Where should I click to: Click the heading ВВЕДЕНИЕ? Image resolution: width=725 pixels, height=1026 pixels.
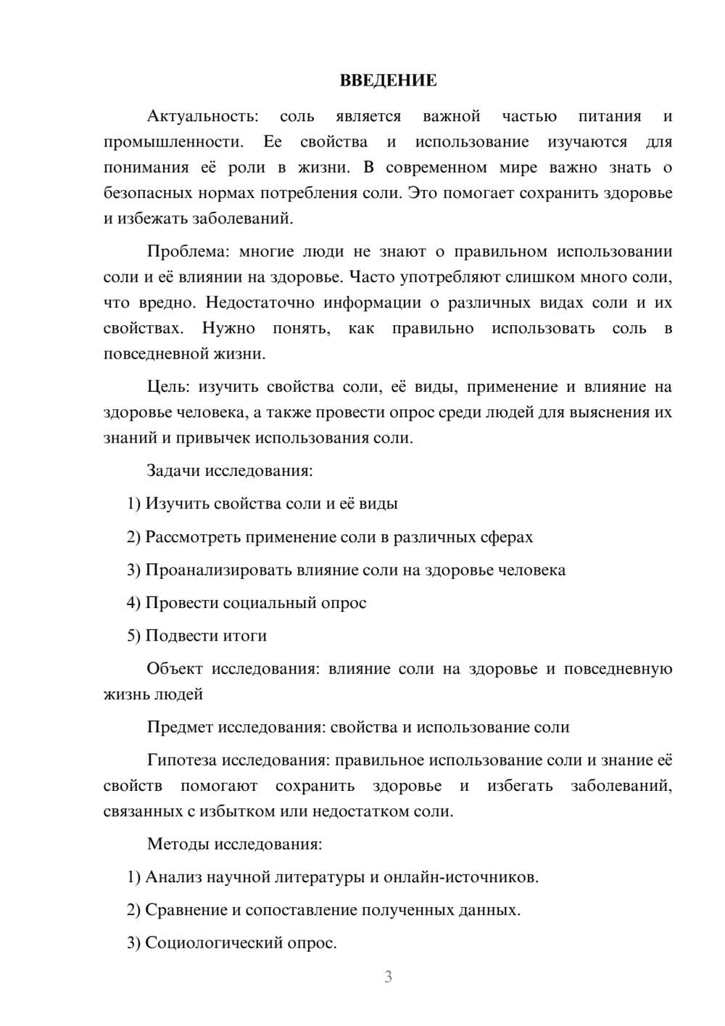(x=388, y=81)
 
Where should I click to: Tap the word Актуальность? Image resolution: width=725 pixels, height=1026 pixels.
(x=202, y=116)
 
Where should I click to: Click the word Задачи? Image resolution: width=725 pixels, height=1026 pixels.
(x=173, y=471)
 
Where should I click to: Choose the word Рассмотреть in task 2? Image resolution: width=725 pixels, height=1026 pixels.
(x=193, y=538)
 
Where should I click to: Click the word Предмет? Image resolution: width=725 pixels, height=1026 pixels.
(x=181, y=727)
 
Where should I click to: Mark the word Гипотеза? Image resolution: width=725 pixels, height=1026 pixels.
(x=182, y=760)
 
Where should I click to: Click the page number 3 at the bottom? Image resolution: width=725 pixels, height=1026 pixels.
(x=388, y=977)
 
